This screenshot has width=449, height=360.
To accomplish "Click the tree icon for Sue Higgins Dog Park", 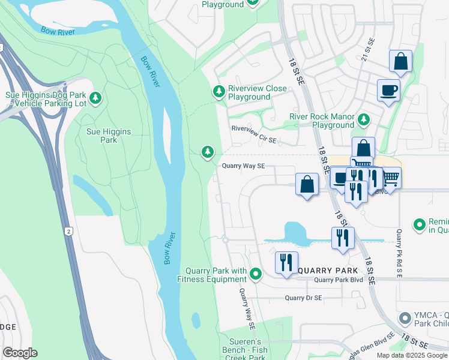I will click(x=95, y=97).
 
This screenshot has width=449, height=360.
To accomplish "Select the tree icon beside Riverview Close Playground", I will click(x=219, y=91).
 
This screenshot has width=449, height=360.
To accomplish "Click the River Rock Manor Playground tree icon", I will click(x=363, y=119).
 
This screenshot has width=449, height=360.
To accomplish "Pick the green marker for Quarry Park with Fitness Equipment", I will click(x=256, y=275).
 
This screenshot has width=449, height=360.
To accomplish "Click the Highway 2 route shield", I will click(x=70, y=231).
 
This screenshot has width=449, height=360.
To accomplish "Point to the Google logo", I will click(x=20, y=353).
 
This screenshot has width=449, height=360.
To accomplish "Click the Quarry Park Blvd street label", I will click(x=339, y=280).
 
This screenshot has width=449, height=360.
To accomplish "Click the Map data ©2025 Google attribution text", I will click(x=411, y=355).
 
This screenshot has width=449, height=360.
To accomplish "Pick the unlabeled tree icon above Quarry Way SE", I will click(x=208, y=152).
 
